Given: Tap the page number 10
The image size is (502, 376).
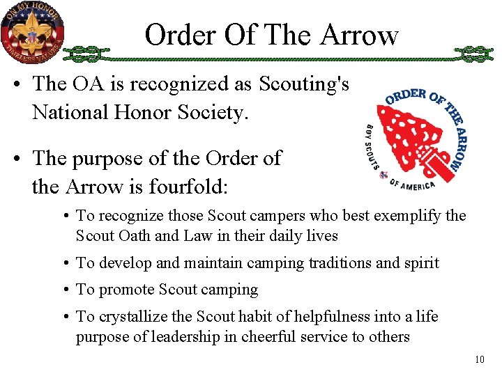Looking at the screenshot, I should [479, 360].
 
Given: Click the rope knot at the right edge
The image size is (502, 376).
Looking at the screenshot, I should [473, 53].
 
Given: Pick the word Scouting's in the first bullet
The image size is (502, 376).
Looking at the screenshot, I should [304, 84].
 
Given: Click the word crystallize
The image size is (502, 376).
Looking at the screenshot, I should [139, 317].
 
